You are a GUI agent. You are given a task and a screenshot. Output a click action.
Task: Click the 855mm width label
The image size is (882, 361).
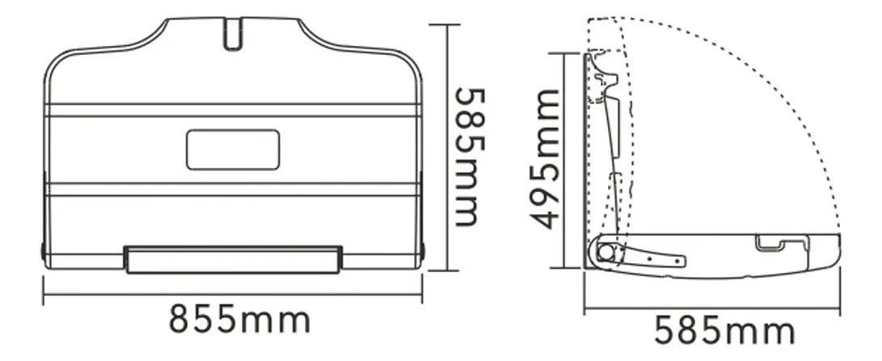click(x=239, y=319)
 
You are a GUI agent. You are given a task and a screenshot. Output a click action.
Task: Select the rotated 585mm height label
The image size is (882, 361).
click(x=469, y=157)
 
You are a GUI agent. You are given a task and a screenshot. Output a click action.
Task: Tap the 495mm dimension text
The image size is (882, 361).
click(x=546, y=159)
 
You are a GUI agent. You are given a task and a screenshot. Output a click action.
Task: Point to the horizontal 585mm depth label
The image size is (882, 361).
click(x=724, y=330)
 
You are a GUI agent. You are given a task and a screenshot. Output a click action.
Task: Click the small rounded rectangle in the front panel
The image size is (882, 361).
click(x=233, y=149)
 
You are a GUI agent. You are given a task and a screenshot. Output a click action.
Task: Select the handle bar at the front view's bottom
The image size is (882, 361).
click(x=233, y=260)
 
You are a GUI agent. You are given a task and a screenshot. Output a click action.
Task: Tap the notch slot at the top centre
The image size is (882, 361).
click(x=232, y=35)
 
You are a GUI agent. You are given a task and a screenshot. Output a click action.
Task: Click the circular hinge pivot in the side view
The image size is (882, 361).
click(x=606, y=251)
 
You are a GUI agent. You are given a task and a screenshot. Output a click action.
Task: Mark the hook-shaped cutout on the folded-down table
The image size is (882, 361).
click(x=770, y=243)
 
